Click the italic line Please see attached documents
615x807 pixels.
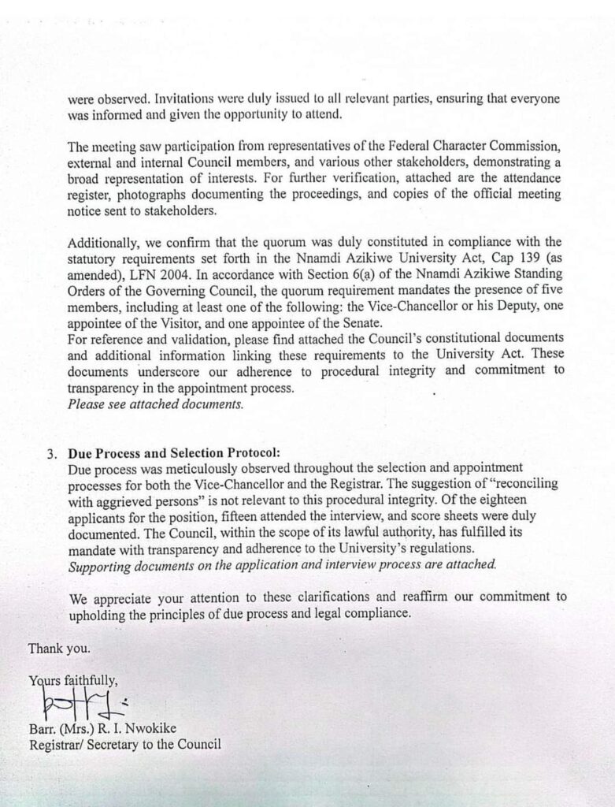pyautogui.click(x=156, y=404)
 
